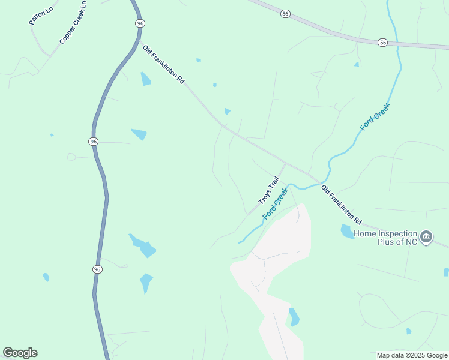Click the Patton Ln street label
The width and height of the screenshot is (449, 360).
41,13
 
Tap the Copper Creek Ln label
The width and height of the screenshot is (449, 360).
73,22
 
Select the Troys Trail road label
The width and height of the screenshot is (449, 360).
268,190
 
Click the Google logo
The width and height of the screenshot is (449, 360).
20,353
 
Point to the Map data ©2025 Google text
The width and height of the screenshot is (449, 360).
412,355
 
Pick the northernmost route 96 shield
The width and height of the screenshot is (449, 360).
140,23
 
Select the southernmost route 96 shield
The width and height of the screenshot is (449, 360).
97,269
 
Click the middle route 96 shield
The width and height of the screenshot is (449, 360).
93,141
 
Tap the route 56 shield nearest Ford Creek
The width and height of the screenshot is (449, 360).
382,42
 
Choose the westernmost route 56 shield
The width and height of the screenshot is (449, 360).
285,13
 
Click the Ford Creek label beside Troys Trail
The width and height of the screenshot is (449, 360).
276,203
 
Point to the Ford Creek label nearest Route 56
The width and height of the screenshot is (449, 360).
375,118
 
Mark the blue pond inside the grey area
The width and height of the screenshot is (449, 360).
294,317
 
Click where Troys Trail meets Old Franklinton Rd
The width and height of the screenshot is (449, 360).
285,163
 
